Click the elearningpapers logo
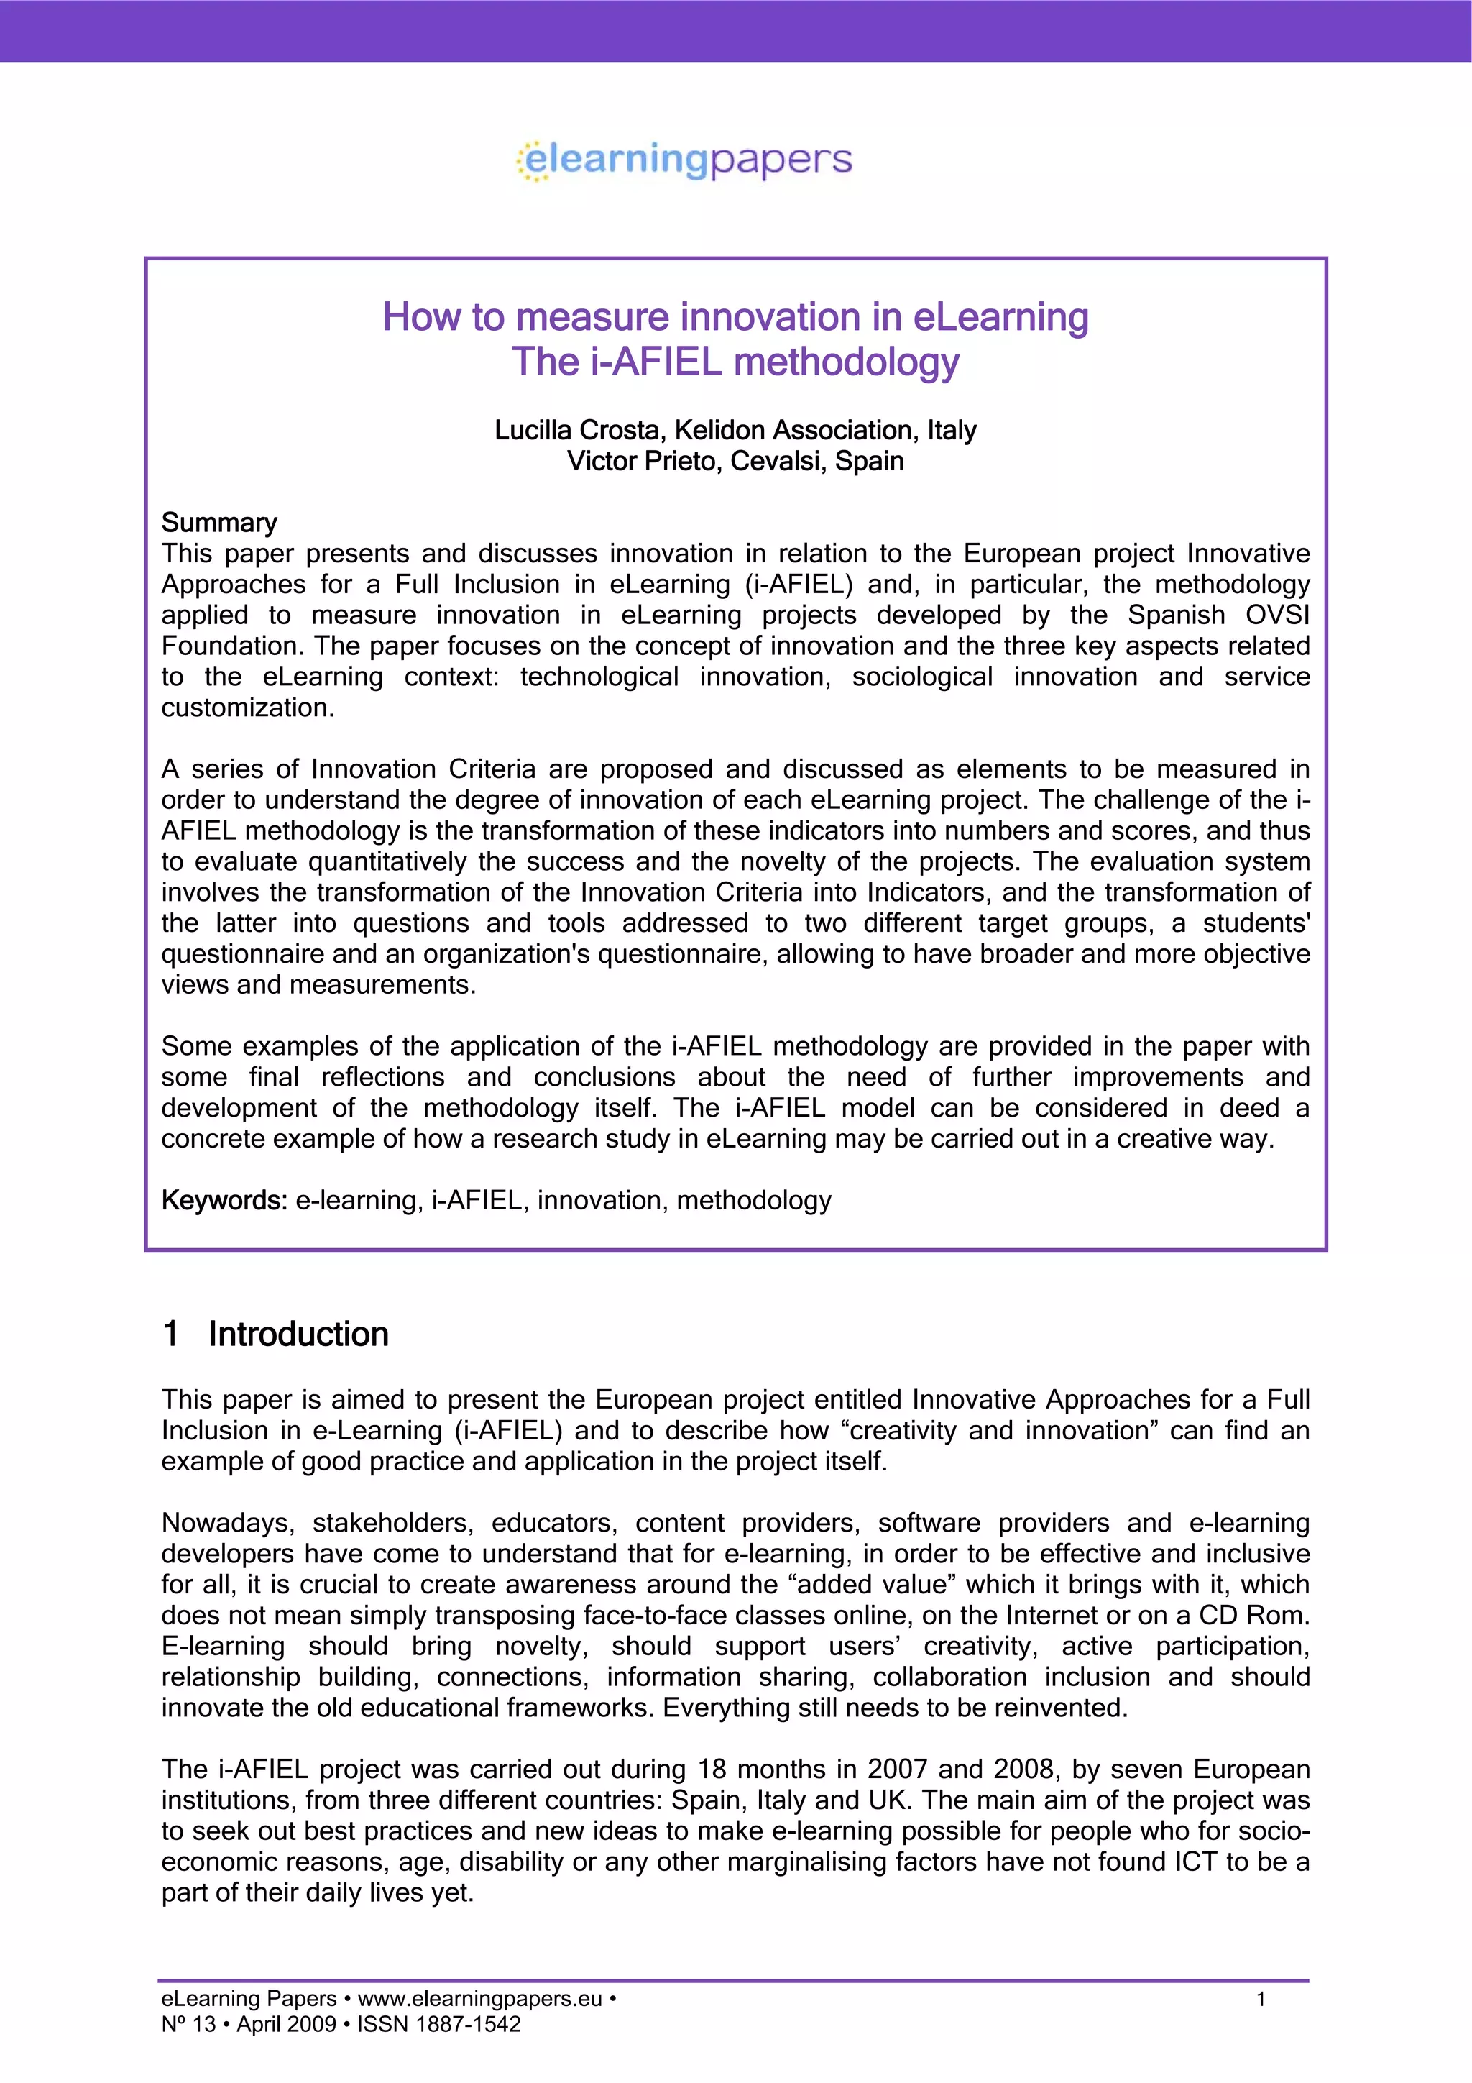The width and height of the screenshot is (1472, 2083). click(685, 160)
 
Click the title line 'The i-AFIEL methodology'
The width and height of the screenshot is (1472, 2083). click(735, 362)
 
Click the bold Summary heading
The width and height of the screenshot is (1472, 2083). click(218, 523)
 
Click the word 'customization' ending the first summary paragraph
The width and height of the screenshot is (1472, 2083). click(245, 708)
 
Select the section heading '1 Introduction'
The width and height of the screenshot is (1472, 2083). click(275, 1334)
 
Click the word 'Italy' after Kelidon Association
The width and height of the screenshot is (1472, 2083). click(952, 430)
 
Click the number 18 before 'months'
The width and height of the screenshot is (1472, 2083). click(712, 1769)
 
